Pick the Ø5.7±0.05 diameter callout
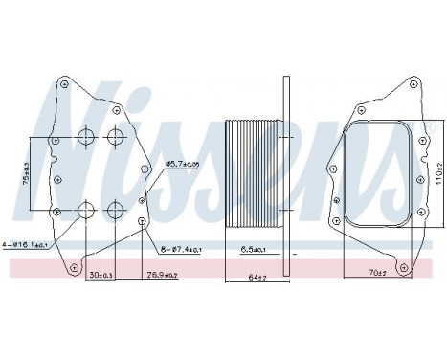[x=184, y=164]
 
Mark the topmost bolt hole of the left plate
[x=63, y=83]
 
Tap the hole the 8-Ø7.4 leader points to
[x=142, y=222]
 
